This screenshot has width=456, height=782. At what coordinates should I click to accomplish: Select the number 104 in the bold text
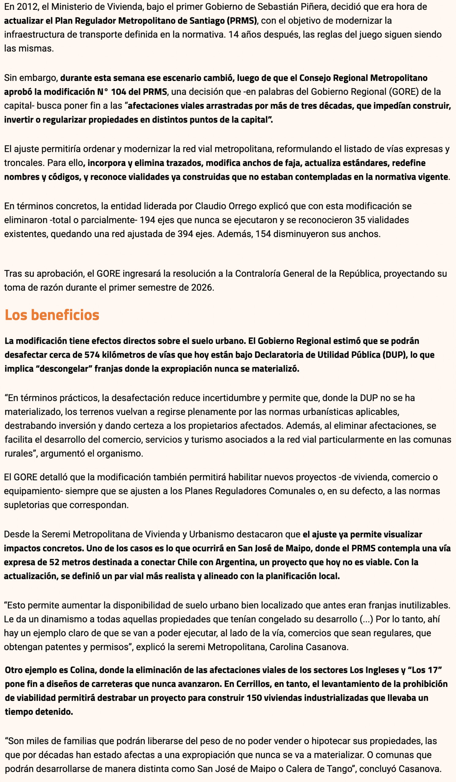pos(118,92)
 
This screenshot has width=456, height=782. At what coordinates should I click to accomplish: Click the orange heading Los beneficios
pos(52,315)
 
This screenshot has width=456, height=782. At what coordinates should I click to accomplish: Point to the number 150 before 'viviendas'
pos(254,698)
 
